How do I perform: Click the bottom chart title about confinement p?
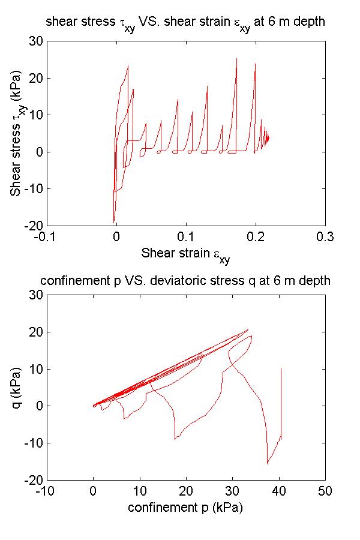[x=185, y=281]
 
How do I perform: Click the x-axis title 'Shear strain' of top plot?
[x=185, y=254]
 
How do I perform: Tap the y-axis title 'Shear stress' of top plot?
[x=17, y=133]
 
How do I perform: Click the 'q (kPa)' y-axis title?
[x=17, y=387]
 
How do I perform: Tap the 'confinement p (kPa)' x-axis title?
[x=185, y=507]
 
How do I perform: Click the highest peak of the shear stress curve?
[x=236, y=59]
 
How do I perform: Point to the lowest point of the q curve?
[x=268, y=464]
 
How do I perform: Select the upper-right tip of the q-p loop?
[x=248, y=329]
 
